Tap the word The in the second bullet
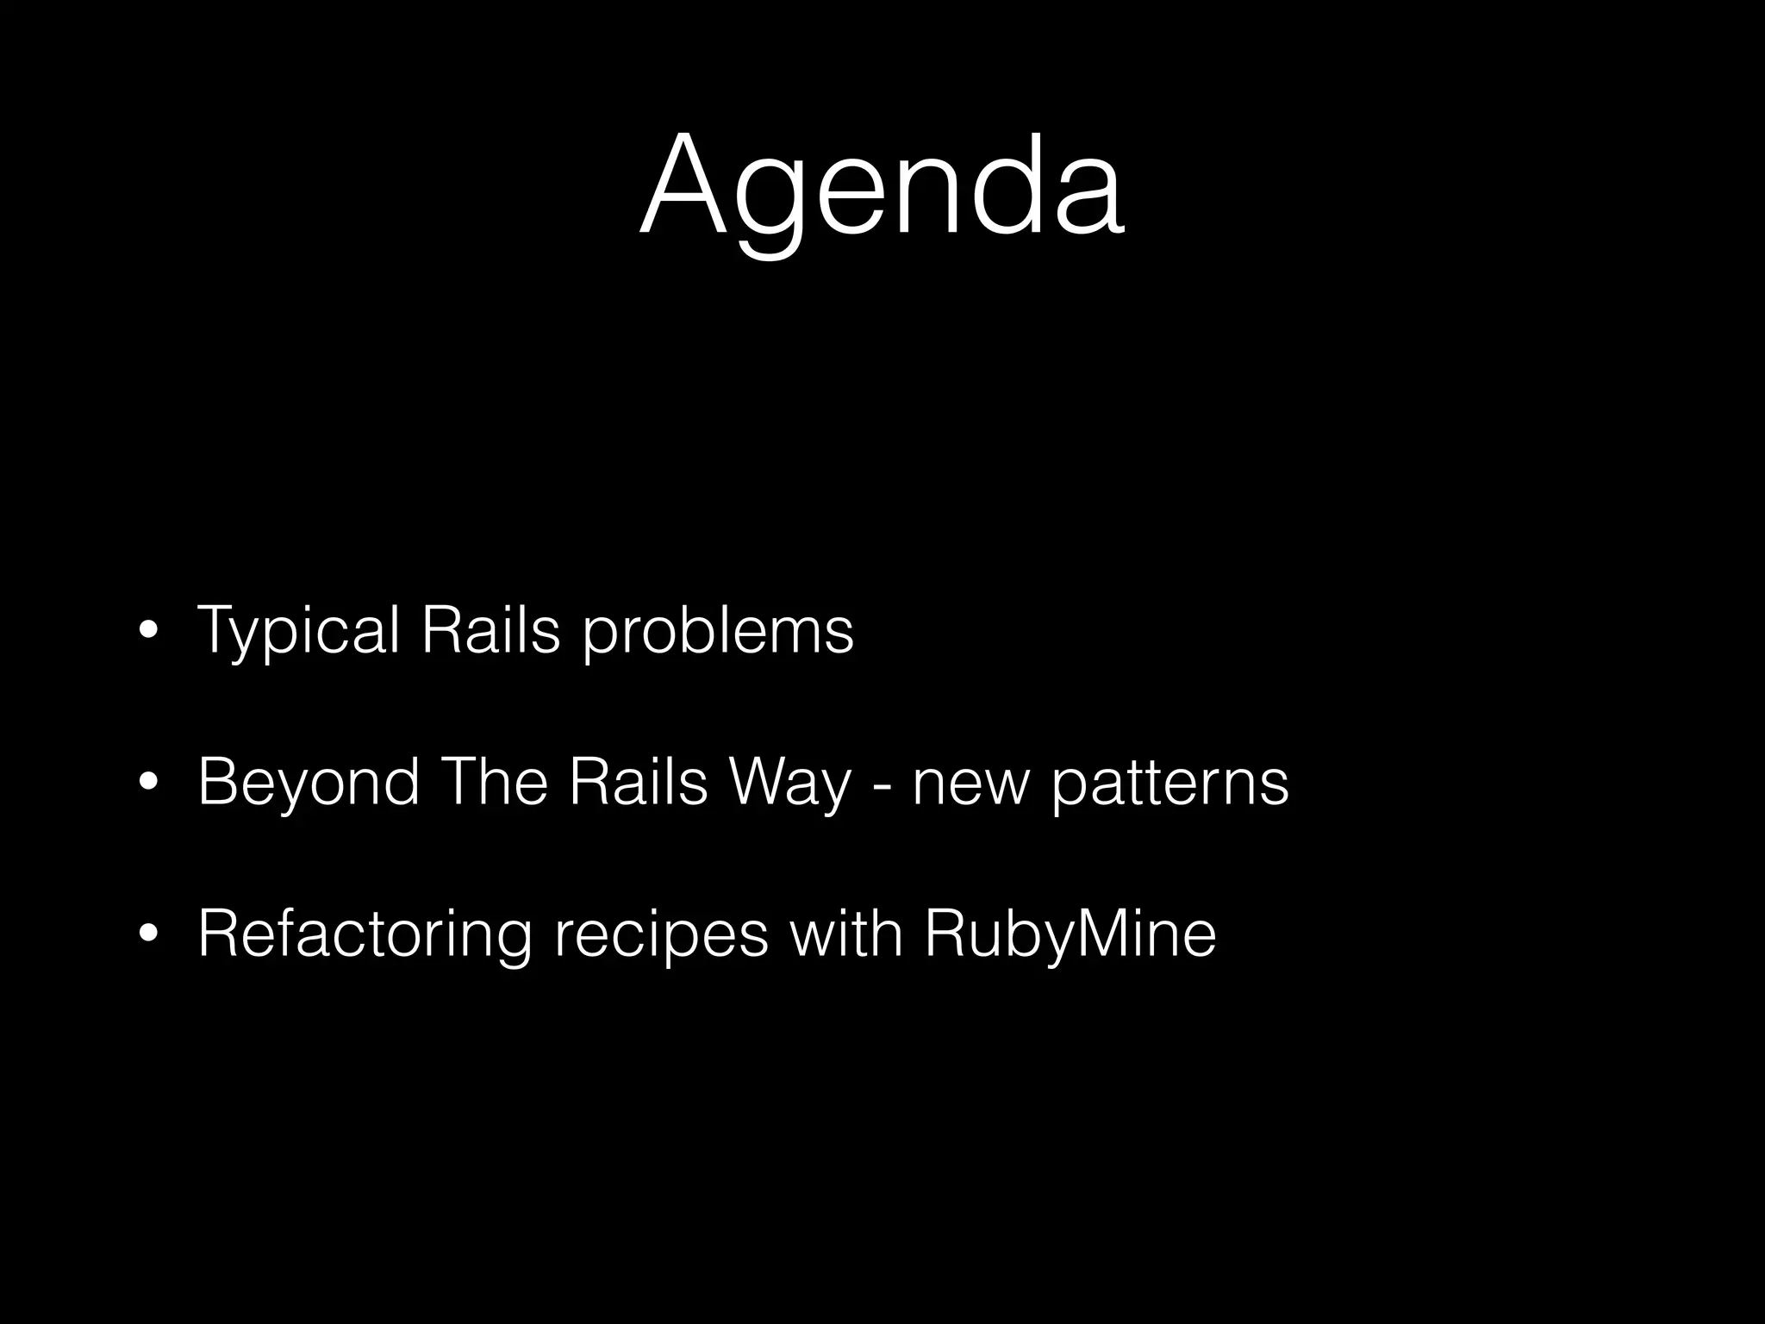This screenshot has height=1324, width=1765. tap(494, 781)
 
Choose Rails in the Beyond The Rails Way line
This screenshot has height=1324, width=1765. tap(638, 781)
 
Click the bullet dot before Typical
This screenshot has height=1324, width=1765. tap(148, 632)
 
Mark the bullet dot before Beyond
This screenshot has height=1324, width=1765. tap(148, 783)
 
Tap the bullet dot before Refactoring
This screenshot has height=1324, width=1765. tap(148, 934)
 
